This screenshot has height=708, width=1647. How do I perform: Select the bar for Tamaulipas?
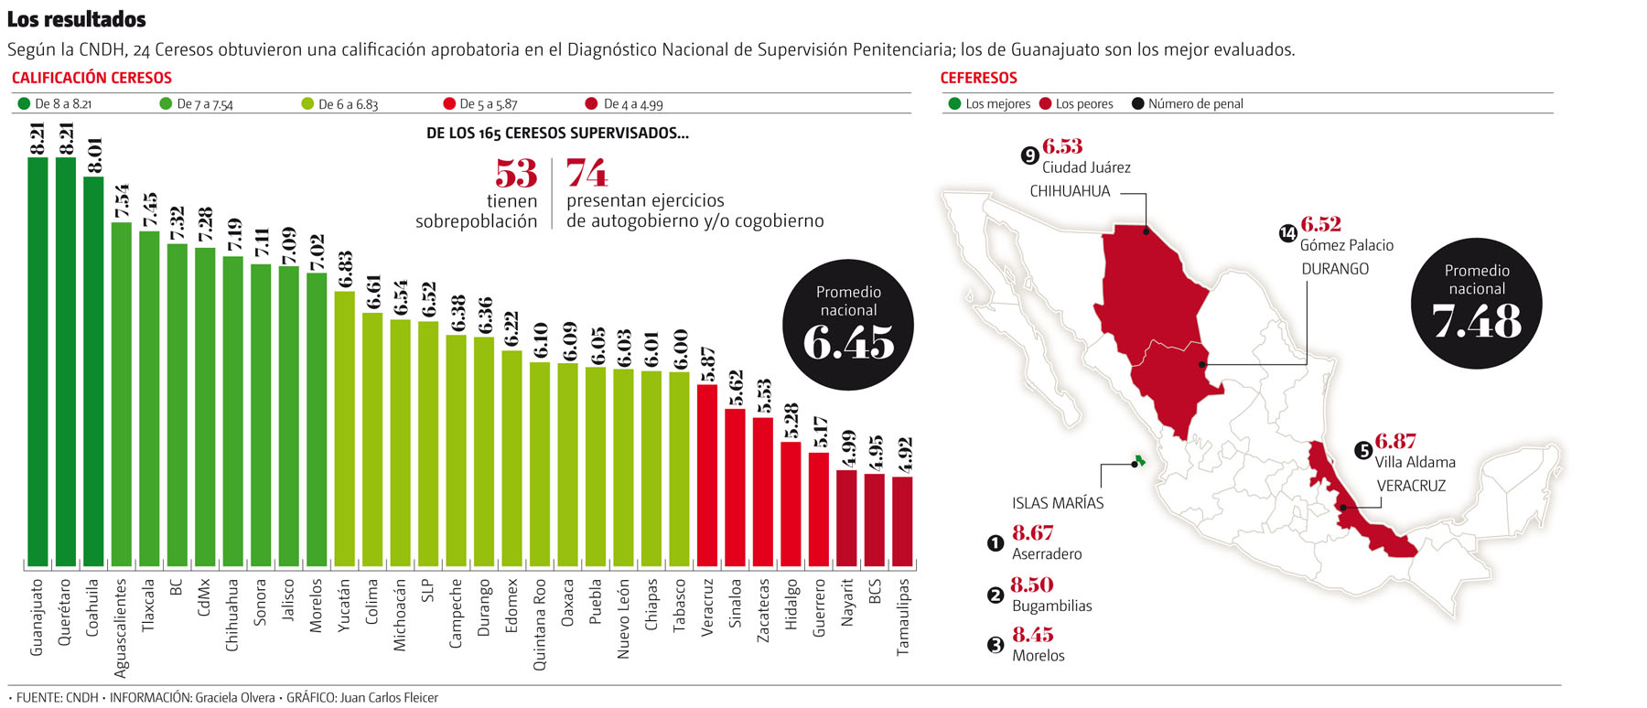[x=902, y=520]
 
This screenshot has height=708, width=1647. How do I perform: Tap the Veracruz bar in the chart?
[x=707, y=475]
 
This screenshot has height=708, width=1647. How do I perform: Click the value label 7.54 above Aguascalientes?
[x=122, y=201]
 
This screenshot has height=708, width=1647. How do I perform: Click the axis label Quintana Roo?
[x=540, y=624]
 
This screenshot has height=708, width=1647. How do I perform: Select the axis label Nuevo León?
[x=623, y=618]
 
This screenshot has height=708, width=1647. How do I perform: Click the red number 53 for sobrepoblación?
[x=516, y=174]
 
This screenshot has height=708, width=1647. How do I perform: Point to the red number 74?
[x=587, y=173]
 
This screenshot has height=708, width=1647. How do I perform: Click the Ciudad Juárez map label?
[x=1086, y=167]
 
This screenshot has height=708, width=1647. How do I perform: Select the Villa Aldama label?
[x=1415, y=462]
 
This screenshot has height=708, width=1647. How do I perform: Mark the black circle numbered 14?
[x=1288, y=233]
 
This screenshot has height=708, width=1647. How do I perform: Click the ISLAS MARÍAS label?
[x=1058, y=503]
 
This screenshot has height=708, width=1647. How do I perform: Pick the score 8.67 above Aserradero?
[x=1032, y=533]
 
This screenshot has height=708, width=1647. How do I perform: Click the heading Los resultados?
[x=77, y=19]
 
